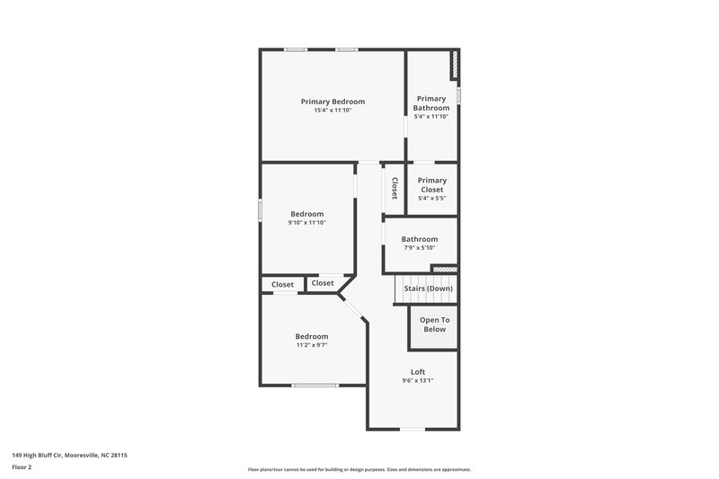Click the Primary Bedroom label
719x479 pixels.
point(333,102)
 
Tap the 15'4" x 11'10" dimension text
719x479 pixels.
point(333,111)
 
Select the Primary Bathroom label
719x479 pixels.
point(431,102)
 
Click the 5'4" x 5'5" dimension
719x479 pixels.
point(432,200)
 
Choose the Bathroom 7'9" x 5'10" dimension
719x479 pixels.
point(419,248)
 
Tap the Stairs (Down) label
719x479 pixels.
point(428,288)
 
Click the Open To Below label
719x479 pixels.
point(435,324)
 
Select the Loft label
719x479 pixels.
point(418,371)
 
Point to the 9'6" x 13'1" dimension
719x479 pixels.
point(418,381)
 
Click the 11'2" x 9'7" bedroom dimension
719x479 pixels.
point(312,345)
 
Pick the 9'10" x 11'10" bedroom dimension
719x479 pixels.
point(306,223)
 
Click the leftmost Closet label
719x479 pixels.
point(283,284)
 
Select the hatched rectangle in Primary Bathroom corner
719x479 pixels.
point(455,65)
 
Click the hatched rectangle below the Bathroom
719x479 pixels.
point(444,268)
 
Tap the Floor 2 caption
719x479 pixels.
point(22,467)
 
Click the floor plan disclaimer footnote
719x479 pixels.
point(359,469)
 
